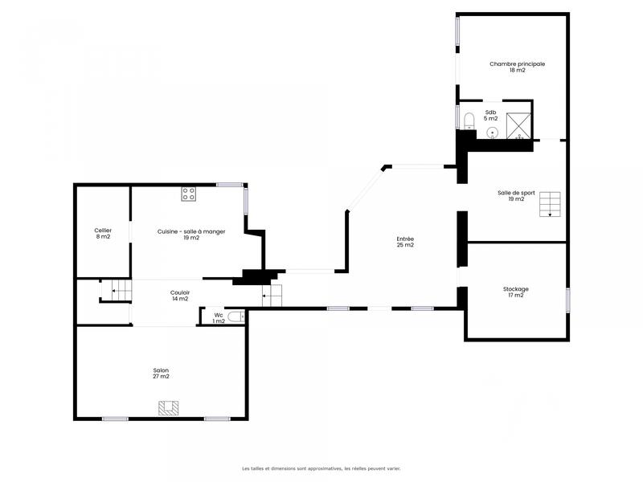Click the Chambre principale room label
[517, 67]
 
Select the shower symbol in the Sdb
[518, 125]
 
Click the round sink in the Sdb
[493, 133]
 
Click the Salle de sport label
[516, 195]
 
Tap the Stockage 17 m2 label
[515, 292]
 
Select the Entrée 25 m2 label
[405, 242]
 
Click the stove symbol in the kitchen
[189, 193]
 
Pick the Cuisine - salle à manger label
[190, 234]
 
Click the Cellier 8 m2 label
[103, 233]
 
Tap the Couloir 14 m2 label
[180, 295]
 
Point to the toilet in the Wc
[235, 317]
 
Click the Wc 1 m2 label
[219, 318]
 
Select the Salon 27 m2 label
[162, 373]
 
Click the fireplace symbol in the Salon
[169, 408]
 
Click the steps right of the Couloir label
[272, 296]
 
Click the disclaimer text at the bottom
[321, 468]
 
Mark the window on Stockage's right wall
[567, 299]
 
